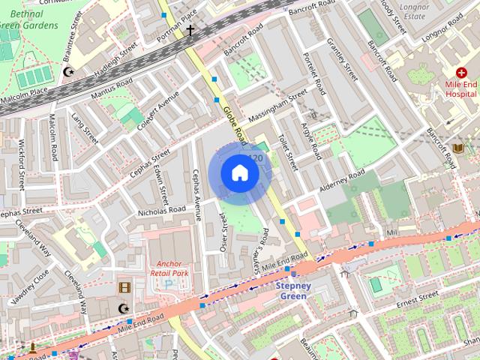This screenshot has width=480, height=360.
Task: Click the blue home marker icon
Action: [x=239, y=173]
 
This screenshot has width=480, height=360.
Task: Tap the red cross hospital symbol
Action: [x=461, y=73]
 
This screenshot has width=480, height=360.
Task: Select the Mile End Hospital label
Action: [x=461, y=89]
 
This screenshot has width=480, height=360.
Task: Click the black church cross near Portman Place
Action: [x=190, y=31]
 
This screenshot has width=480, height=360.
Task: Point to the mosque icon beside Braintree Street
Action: [x=69, y=72]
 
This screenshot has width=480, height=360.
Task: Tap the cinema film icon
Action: [x=124, y=286]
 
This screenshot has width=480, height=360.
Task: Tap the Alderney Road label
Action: [x=340, y=180]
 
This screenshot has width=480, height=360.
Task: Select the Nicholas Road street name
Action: [x=161, y=211]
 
